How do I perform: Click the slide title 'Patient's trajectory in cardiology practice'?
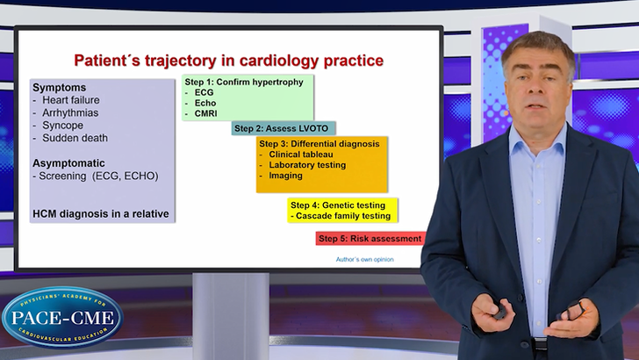click(x=227, y=61)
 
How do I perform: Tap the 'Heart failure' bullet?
click(x=68, y=101)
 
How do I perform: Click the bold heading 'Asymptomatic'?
click(x=68, y=163)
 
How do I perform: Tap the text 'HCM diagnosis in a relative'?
click(x=100, y=213)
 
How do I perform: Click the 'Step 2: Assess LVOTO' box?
click(x=284, y=128)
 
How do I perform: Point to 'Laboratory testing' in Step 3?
click(x=307, y=164)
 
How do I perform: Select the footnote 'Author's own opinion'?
click(x=364, y=259)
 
